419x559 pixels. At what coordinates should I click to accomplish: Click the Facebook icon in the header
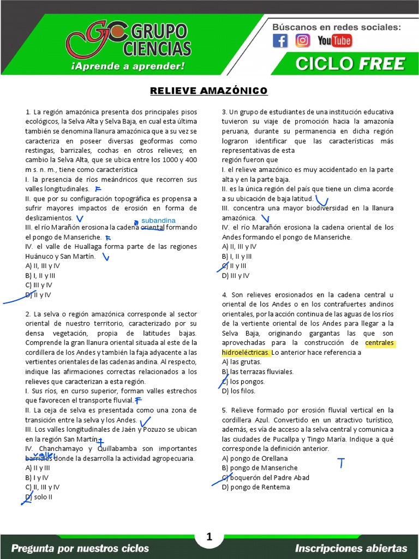click(x=280, y=40)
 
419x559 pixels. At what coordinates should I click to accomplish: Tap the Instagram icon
click(x=303, y=40)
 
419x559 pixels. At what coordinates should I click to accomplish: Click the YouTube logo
click(x=334, y=40)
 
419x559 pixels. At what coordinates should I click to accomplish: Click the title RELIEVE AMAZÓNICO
click(x=209, y=90)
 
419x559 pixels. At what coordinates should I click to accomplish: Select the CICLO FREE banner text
click(x=350, y=64)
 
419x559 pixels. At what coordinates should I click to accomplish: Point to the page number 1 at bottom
click(x=209, y=538)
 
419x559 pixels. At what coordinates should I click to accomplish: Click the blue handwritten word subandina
click(x=158, y=221)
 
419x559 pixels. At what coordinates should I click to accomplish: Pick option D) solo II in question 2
click(x=39, y=497)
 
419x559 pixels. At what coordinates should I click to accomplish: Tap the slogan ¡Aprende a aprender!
click(x=128, y=66)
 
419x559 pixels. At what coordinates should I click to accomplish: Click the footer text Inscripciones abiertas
click(x=351, y=548)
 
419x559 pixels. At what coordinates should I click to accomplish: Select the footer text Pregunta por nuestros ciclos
click(x=80, y=548)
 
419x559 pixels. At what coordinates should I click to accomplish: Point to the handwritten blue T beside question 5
click(x=342, y=463)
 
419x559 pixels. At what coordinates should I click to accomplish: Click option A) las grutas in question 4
click(x=239, y=362)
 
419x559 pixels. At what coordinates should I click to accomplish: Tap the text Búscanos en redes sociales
click(x=337, y=27)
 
